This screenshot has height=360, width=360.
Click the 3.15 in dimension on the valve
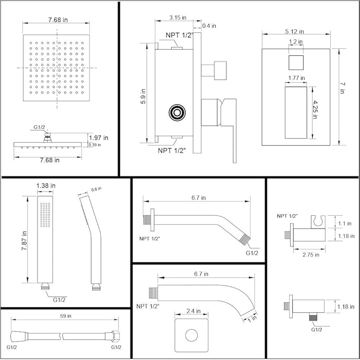tap(178, 17)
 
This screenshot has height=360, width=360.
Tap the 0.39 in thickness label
tap(95, 145)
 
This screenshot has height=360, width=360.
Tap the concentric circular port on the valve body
tap(175, 113)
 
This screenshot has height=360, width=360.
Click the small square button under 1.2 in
tap(297, 63)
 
